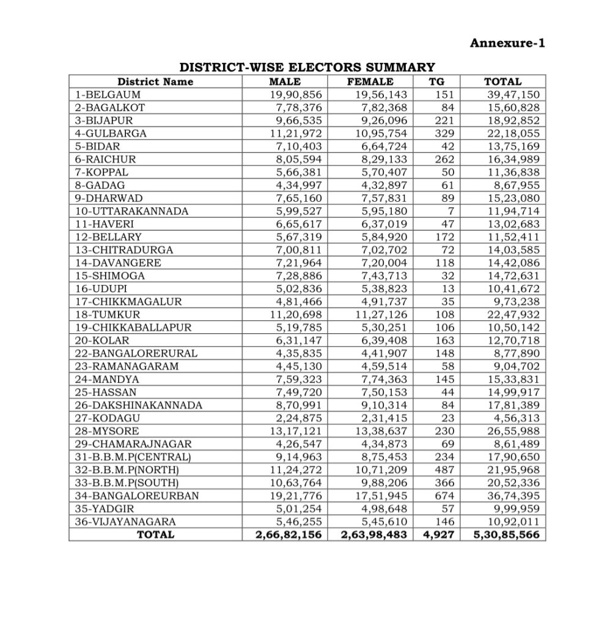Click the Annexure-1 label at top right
coord(506,43)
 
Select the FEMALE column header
coord(370,82)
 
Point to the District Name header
coord(155,82)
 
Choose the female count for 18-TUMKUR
coord(381,314)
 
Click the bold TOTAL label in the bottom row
coord(155,535)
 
